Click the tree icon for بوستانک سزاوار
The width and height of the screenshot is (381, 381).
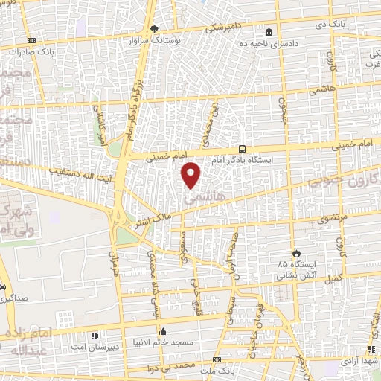click(154, 29)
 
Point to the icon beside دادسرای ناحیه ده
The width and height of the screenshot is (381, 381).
click(269, 32)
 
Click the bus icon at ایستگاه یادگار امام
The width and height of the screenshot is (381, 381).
click(241, 149)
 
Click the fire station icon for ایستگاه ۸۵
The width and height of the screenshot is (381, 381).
click(296, 253)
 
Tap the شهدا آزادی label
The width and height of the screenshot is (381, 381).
click(357, 358)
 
